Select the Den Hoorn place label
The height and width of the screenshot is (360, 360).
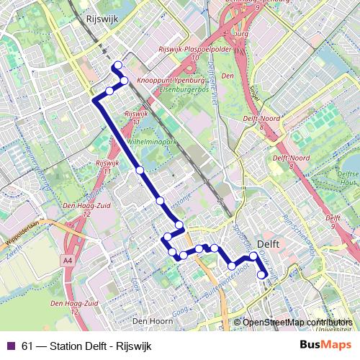click(149, 320)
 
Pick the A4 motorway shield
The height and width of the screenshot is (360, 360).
click(68, 260)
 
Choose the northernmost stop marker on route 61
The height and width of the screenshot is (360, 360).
click(117, 66)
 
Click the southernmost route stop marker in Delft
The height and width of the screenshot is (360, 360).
click(262, 274)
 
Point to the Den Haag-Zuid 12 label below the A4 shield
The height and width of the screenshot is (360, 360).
click(81, 307)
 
